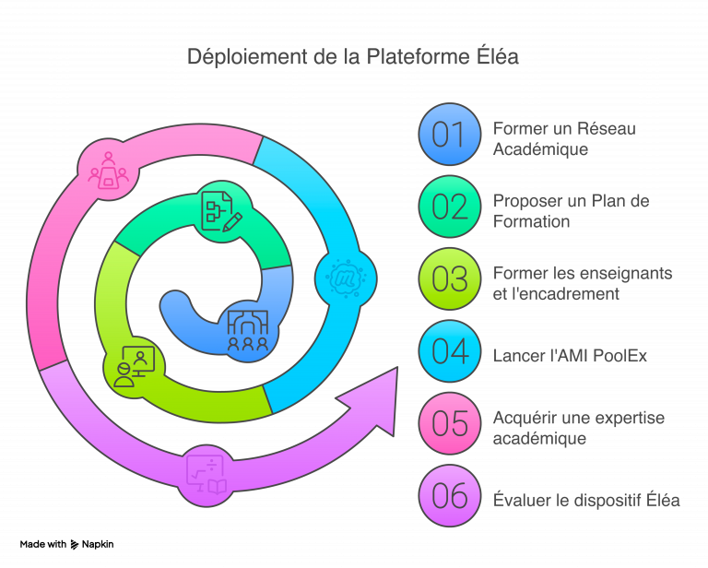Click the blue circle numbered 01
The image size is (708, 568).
(449, 135)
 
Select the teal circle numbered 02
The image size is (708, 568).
(449, 207)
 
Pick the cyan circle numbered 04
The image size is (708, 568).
(449, 351)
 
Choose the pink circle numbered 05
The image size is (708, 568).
(449, 424)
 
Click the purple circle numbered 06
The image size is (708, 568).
(449, 496)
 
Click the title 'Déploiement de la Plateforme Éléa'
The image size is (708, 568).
(354, 57)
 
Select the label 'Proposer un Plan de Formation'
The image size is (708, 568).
(571, 210)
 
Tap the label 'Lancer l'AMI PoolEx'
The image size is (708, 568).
(570, 355)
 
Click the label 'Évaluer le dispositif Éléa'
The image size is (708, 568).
(586, 501)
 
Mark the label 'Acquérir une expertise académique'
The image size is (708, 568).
(578, 428)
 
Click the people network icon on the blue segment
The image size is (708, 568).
(248, 329)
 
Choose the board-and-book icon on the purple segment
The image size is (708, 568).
(206, 475)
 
